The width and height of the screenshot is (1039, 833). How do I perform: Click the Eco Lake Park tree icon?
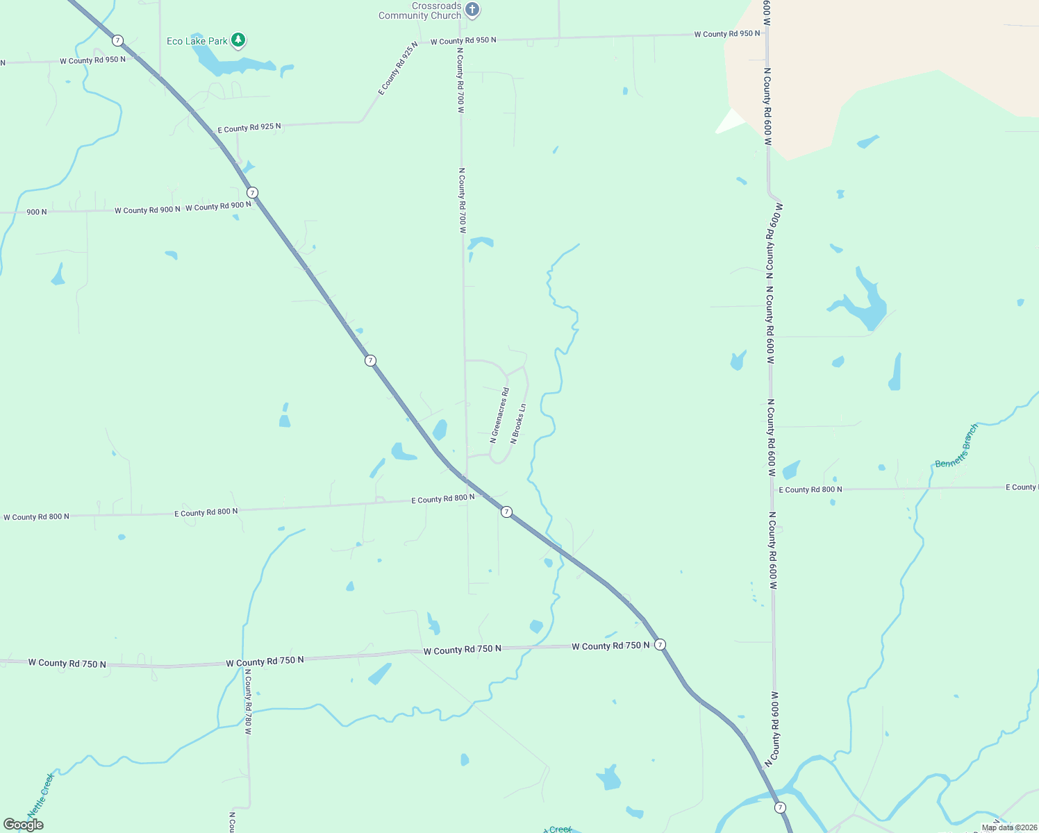238,40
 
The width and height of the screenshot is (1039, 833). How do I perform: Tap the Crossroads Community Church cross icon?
472,10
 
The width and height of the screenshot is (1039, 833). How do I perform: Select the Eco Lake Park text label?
197,41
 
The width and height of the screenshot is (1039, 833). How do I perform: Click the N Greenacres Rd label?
499,415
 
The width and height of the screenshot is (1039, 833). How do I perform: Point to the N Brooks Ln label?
518,423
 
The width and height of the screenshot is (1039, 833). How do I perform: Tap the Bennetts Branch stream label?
956,446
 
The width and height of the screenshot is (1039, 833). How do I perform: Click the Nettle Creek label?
40,796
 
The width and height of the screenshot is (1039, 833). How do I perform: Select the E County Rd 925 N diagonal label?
398,68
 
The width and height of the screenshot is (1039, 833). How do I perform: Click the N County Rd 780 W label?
247,701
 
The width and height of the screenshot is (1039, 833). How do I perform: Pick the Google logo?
24,825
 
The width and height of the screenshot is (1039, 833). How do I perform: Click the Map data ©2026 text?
1008,827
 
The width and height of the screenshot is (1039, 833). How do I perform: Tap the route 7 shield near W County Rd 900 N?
253,192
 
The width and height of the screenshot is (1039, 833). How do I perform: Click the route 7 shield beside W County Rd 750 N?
660,644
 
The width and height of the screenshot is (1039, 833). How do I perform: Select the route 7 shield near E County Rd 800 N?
507,512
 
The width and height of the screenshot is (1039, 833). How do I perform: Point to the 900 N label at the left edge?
37,212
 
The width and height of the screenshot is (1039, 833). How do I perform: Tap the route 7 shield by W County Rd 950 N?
118,40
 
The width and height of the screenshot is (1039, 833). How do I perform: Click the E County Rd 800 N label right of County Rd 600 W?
810,489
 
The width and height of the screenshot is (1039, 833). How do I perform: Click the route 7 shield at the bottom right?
781,807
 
